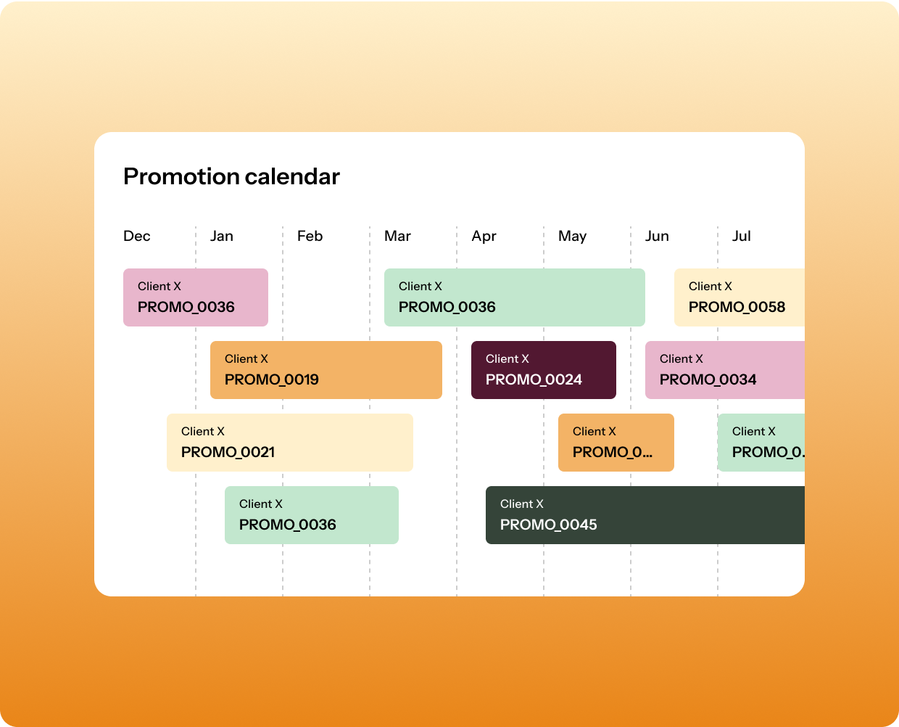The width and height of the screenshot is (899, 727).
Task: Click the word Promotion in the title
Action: (x=181, y=176)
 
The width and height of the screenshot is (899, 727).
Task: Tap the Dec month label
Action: (x=137, y=236)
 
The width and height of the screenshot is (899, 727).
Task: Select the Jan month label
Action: (x=222, y=236)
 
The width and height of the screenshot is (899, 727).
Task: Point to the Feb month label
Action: (x=310, y=236)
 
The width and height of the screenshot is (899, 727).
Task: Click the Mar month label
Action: (x=397, y=236)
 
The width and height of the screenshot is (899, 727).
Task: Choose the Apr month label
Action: (x=484, y=236)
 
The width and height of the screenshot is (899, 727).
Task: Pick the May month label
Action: (x=572, y=236)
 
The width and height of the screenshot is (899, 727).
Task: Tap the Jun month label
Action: (x=657, y=236)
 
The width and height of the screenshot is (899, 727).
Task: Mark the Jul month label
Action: (x=741, y=236)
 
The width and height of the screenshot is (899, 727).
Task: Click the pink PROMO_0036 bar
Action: (x=196, y=297)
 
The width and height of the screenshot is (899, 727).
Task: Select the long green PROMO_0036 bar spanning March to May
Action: (x=515, y=297)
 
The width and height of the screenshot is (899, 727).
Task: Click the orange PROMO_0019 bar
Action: (x=326, y=370)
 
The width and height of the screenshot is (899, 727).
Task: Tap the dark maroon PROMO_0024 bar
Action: (x=544, y=370)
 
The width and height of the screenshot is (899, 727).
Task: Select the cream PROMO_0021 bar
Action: (x=290, y=443)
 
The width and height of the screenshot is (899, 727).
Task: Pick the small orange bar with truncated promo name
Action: (x=616, y=443)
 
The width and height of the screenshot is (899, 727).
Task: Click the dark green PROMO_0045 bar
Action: (x=645, y=515)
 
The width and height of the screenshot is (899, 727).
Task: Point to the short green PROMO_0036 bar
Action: (x=312, y=515)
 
